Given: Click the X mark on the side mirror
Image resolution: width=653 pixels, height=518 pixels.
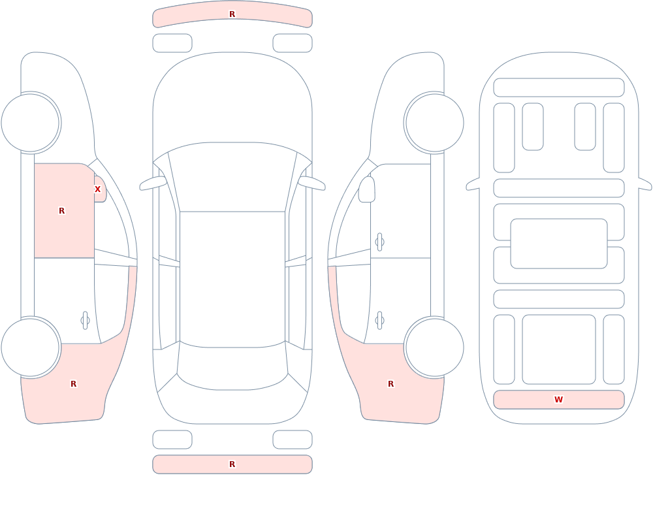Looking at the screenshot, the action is (97, 189).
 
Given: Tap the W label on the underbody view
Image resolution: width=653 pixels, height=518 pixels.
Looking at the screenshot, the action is (558, 400).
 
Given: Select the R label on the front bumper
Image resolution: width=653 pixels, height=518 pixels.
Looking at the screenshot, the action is (232, 14).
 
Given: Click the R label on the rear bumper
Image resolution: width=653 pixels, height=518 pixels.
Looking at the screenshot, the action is (232, 464).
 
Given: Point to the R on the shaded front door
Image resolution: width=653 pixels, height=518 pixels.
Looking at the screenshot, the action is (61, 211).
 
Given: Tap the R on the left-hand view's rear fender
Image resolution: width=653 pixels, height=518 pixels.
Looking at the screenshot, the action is (73, 384).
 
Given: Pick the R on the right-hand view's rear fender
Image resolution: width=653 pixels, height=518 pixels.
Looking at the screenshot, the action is (390, 384).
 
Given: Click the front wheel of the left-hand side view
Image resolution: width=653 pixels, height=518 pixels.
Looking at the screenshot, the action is (31, 123).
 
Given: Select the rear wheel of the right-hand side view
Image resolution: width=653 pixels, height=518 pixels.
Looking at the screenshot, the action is (434, 348).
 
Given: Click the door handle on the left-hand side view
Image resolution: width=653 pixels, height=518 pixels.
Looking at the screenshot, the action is (85, 321).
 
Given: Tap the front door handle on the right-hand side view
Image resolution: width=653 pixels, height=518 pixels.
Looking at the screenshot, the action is (379, 242).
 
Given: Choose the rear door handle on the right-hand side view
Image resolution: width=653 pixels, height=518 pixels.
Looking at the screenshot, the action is (379, 321).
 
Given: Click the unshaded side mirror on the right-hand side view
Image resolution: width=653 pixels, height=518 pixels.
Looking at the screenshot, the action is (366, 189).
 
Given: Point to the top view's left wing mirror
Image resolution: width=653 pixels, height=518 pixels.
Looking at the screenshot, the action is (153, 184).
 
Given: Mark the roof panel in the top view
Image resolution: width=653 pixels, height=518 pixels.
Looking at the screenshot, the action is (232, 279).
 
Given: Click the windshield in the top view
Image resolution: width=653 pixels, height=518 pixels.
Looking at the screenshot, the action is (232, 177).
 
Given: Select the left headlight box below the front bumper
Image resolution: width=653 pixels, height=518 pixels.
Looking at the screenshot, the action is (172, 43).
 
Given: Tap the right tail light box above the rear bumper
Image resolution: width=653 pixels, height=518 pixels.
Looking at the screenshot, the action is (293, 440).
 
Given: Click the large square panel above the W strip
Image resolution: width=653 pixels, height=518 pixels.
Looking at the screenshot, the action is (559, 349).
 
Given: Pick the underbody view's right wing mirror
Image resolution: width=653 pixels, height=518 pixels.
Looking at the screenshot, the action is (645, 184).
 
